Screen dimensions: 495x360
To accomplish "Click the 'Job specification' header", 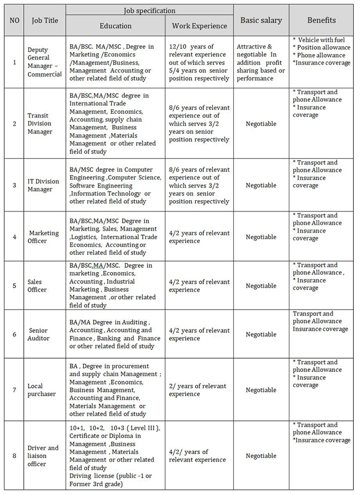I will coord(149,11).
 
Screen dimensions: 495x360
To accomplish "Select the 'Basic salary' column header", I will coord(261,20).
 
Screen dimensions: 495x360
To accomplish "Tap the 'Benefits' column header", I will coord(321,20).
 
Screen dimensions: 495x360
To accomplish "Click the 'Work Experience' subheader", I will coord(199,26).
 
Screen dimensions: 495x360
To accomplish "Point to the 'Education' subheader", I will coord(115,26).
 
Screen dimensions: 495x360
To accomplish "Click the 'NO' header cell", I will coord(14,20).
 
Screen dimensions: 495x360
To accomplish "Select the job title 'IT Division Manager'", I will coord(43,185).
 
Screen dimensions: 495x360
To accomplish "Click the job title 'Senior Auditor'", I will coord(38,334).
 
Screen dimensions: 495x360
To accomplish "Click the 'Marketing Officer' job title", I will coord(43,237).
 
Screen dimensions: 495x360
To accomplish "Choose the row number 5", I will coord(14,285).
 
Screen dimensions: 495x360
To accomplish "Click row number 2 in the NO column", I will coord(14,124).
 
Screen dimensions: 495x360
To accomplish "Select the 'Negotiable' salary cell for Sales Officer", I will coord(261,286).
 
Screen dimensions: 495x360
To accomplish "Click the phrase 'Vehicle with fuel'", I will coord(321,40).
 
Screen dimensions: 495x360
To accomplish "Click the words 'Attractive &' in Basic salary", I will coord(254,47).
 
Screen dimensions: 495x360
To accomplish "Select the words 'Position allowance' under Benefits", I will coord(324,47).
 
